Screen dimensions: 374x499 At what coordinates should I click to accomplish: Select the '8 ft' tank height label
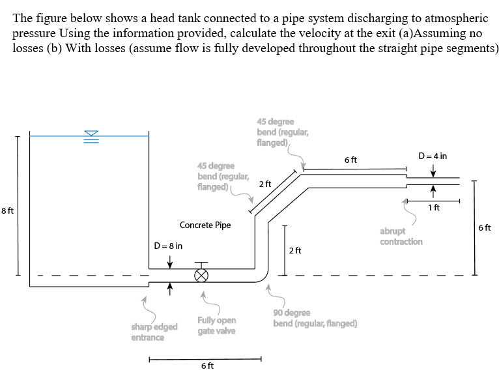tap(8, 210)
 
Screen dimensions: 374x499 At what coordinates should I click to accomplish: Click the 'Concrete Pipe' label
tap(205, 225)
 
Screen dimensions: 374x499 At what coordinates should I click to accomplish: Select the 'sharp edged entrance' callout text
tap(147, 332)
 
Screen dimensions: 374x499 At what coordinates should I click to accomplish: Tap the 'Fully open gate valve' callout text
tap(217, 326)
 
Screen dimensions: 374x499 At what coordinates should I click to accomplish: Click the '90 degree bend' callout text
tap(315, 318)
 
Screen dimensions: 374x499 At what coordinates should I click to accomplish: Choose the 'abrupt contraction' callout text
tap(401, 236)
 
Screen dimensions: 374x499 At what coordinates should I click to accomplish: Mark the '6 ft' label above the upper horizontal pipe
tap(350, 160)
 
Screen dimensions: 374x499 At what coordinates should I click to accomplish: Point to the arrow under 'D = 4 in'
tap(433, 170)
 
